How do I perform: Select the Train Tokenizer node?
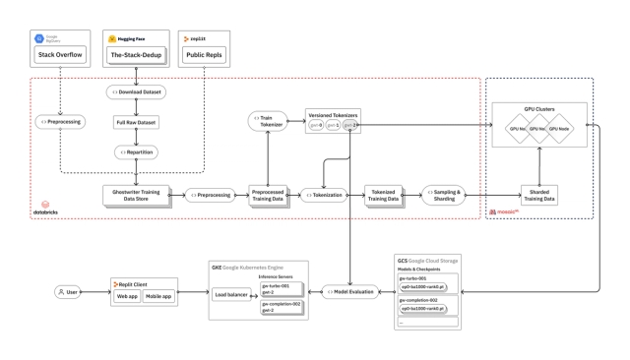pos(267,122)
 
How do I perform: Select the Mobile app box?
pos(166,296)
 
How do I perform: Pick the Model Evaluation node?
pos(351,292)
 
